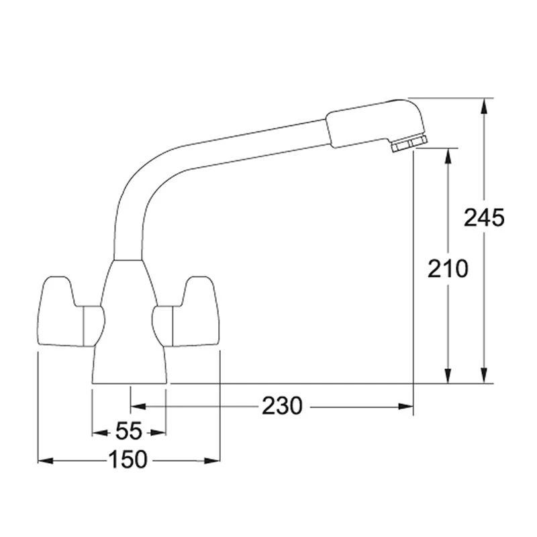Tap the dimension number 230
coord(282,405)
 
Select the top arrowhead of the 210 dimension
coord(448,154)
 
